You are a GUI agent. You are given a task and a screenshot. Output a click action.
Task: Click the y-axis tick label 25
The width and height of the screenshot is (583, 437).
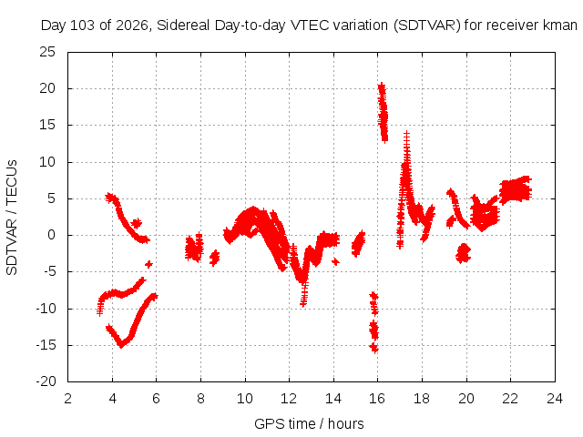tap(47, 52)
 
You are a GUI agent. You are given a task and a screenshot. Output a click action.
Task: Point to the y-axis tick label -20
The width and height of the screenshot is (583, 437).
tap(46, 381)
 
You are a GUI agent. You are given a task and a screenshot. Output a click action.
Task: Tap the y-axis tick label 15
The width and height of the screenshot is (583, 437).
tap(47, 126)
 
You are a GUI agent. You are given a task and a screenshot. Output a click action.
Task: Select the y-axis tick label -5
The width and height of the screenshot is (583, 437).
tap(49, 271)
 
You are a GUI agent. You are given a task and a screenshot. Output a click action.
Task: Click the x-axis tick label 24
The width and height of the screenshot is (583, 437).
tap(555, 399)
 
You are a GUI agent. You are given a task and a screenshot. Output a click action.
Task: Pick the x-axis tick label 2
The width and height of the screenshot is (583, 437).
tap(67, 399)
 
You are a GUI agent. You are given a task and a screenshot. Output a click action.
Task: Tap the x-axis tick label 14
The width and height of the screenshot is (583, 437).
tap(333, 399)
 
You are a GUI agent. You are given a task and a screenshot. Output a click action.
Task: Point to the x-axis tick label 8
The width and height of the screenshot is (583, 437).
tap(200, 399)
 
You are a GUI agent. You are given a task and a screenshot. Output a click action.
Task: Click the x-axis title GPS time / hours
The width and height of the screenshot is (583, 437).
tap(309, 423)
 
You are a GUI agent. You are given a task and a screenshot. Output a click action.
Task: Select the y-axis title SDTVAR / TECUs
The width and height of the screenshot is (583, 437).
tap(12, 218)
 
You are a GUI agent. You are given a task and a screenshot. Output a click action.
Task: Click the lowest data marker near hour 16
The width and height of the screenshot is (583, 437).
tap(374, 349)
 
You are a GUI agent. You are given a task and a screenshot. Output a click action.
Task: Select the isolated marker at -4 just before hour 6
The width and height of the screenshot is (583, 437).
tap(148, 264)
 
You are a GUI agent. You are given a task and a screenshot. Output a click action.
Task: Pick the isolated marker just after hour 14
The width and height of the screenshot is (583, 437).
tap(336, 261)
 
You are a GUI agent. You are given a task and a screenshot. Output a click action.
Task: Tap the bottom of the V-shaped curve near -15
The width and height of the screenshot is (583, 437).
tap(121, 345)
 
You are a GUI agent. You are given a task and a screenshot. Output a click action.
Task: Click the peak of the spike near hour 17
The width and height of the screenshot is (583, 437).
tap(407, 133)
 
